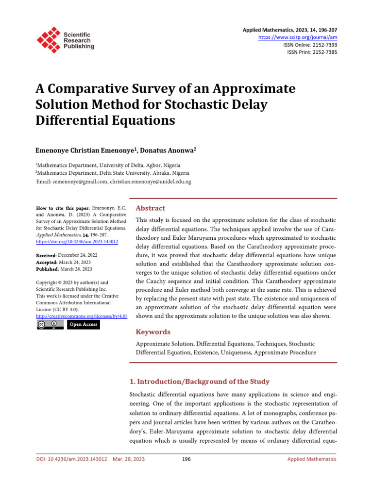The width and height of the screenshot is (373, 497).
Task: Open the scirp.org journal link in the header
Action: [x=297, y=37]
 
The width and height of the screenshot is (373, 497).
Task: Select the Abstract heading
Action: [x=150, y=208]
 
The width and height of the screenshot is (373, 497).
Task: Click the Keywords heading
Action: [x=153, y=332]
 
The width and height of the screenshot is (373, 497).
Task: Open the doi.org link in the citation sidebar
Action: [x=77, y=241]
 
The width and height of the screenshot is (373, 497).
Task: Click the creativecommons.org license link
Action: [x=82, y=316]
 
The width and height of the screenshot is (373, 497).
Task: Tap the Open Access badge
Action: [x=83, y=325]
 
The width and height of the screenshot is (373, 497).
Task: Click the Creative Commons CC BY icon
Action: [x=50, y=325]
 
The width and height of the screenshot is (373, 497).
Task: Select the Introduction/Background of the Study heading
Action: [x=200, y=381]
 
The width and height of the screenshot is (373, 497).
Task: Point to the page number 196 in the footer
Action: [x=185, y=459]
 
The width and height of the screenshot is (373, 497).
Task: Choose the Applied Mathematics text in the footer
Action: [x=311, y=459]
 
